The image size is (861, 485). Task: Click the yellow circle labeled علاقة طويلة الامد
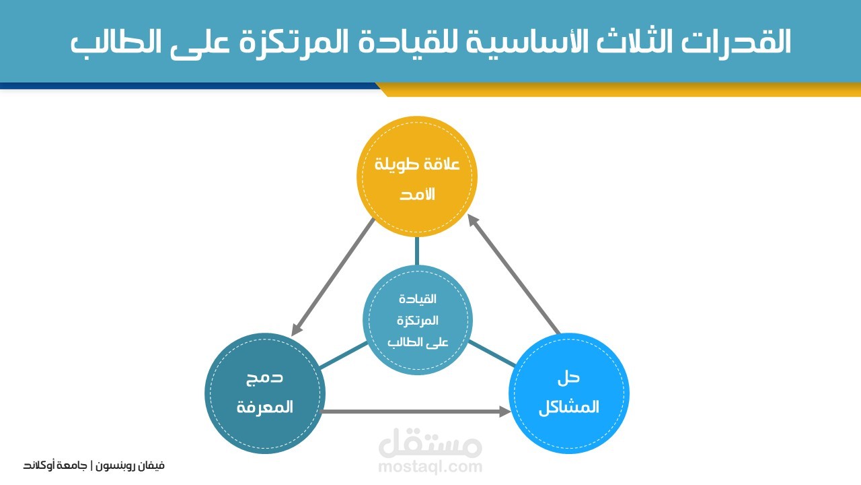[417, 176]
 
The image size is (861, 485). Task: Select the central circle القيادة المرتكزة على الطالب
[417, 320]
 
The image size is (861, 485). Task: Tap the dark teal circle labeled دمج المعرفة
[265, 393]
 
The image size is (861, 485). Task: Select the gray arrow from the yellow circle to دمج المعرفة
[334, 276]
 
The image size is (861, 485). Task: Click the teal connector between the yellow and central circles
[417, 251]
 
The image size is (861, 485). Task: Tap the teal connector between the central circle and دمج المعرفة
[343, 356]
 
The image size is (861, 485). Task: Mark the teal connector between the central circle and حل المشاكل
[492, 354]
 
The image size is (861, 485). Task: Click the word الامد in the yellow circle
[417, 195]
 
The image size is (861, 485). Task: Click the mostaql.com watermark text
[430, 466]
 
